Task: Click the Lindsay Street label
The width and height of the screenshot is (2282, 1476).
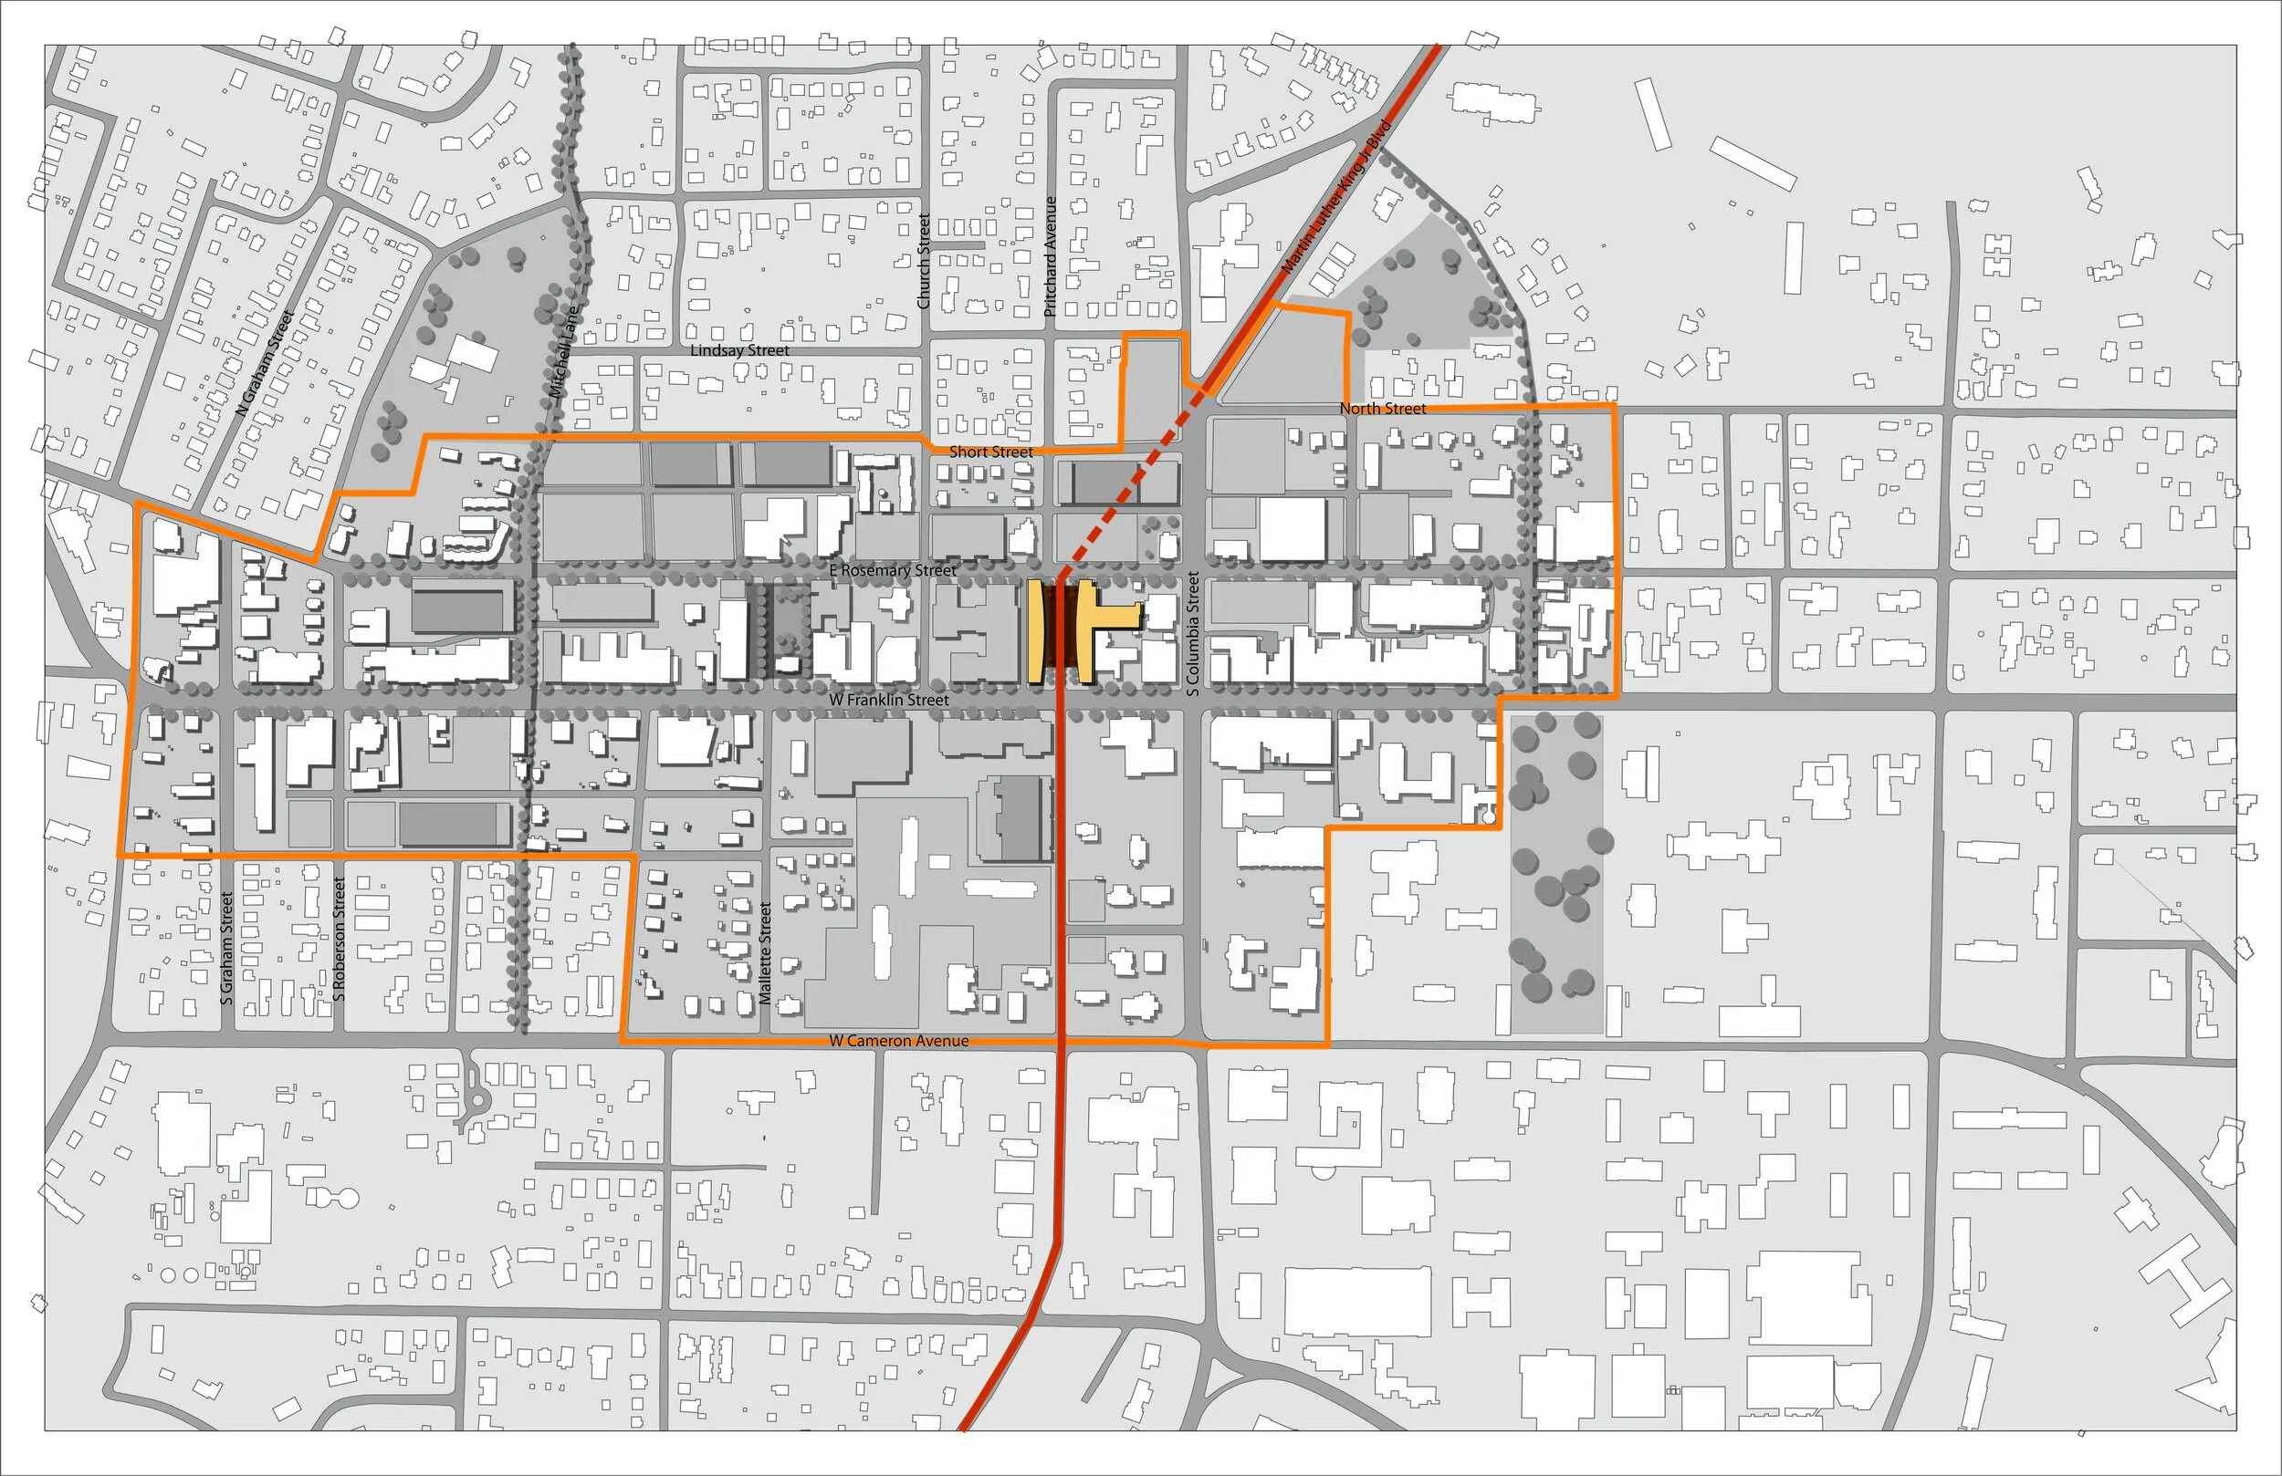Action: (739, 351)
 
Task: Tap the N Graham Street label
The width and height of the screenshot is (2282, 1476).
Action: (265, 362)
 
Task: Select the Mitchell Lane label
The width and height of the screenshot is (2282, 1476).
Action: (564, 351)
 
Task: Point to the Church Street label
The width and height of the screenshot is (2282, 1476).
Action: (925, 261)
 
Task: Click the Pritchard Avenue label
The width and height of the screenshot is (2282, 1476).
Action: (1050, 257)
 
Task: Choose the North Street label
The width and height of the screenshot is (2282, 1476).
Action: (1382, 409)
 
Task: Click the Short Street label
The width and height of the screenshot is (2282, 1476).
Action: (990, 452)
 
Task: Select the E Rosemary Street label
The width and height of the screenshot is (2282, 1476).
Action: (893, 570)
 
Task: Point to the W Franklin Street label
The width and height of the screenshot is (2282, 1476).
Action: (889, 700)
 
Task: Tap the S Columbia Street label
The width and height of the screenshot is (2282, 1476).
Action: (1193, 632)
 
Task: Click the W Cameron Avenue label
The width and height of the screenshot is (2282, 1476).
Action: (898, 1040)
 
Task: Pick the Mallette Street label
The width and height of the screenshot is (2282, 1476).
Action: (765, 952)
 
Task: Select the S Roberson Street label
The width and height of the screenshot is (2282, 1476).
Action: (339, 940)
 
